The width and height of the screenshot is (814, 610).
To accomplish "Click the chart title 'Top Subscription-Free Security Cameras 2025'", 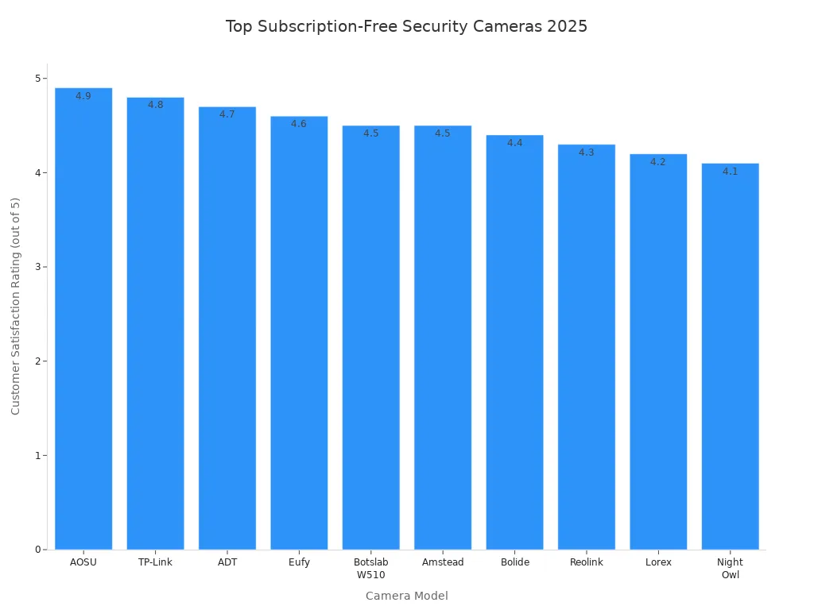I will pyautogui.click(x=406, y=26).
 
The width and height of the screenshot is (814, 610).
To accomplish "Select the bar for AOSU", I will pyautogui.click(x=83, y=318).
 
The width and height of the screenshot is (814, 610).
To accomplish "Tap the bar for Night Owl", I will pyautogui.click(x=730, y=357).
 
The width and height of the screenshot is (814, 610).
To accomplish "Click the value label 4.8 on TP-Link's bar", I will pyautogui.click(x=155, y=105).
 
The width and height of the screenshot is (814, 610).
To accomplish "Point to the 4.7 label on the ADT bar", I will pyautogui.click(x=227, y=114).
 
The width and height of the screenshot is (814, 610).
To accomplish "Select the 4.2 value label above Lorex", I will pyautogui.click(x=657, y=162).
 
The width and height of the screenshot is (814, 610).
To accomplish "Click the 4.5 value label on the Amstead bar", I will pyautogui.click(x=442, y=133).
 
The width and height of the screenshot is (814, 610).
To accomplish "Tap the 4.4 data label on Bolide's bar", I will pyautogui.click(x=514, y=143).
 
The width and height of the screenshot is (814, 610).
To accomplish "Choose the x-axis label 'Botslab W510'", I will pyautogui.click(x=370, y=569).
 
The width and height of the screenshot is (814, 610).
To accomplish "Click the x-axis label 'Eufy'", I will pyautogui.click(x=299, y=562).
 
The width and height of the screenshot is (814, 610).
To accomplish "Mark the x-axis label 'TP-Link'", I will pyautogui.click(x=155, y=562).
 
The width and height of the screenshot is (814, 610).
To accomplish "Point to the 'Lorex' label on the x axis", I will pyautogui.click(x=657, y=562).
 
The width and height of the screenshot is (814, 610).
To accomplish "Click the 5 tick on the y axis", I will pyautogui.click(x=37, y=79).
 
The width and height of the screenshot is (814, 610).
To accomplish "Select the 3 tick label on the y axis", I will pyautogui.click(x=37, y=267).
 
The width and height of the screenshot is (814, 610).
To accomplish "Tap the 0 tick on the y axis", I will pyautogui.click(x=37, y=550).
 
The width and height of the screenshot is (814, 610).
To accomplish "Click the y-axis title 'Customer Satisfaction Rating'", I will pyautogui.click(x=16, y=306).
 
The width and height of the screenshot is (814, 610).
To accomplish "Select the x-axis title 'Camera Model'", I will pyautogui.click(x=406, y=596).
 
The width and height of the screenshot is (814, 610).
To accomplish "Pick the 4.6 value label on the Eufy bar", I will pyautogui.click(x=299, y=124).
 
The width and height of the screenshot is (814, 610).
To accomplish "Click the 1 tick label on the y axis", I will pyautogui.click(x=37, y=455).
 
